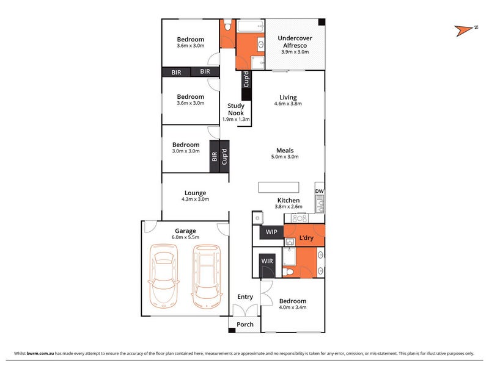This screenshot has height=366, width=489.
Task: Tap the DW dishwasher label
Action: point(319,191)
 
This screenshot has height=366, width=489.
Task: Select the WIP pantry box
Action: point(271,232)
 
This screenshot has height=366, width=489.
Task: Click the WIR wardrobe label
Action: point(267,261)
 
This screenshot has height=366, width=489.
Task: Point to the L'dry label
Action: point(306,238)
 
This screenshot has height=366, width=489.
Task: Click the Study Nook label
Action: point(236,109)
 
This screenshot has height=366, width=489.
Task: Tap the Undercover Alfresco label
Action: point(295,41)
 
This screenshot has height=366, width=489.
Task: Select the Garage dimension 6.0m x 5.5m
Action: point(185,237)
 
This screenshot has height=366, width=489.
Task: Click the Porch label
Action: point(245,325)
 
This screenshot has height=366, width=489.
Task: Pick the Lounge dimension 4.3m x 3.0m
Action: point(195,199)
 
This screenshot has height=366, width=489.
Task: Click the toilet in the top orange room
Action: point(227,25)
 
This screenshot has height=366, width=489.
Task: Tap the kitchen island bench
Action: point(279,187)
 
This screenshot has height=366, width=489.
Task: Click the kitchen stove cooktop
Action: point(300,218)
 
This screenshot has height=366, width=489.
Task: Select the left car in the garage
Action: point(163,276)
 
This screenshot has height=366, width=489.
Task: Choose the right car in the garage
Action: point(207,276)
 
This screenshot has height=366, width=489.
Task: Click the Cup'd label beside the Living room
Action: point(246,79)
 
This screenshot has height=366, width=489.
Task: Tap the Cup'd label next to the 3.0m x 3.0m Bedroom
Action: point(224,157)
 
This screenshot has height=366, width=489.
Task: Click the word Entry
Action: point(245,297)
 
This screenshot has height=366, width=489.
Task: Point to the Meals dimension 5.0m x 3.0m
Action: point(285,157)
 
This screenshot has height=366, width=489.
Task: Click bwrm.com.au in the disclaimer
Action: point(40,353)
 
